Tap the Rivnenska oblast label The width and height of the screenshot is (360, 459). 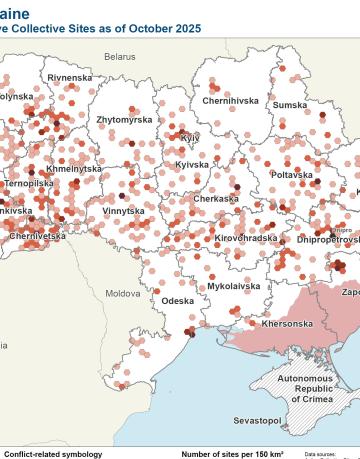70,77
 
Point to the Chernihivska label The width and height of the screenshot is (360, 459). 230,101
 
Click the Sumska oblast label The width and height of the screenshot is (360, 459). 290,104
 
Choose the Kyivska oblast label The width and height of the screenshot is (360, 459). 191,164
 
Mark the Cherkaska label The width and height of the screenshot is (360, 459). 216,199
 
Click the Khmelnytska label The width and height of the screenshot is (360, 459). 74,169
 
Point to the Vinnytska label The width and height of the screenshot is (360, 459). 122,211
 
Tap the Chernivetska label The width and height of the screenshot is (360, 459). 37,236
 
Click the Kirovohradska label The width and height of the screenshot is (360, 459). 245,238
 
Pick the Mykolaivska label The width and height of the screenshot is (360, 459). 234,286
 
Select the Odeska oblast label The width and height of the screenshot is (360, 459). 177,300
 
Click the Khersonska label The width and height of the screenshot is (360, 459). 287,324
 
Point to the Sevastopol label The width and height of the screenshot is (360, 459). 257,421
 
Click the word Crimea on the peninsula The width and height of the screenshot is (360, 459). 311,398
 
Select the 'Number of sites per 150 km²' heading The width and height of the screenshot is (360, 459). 232,453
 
